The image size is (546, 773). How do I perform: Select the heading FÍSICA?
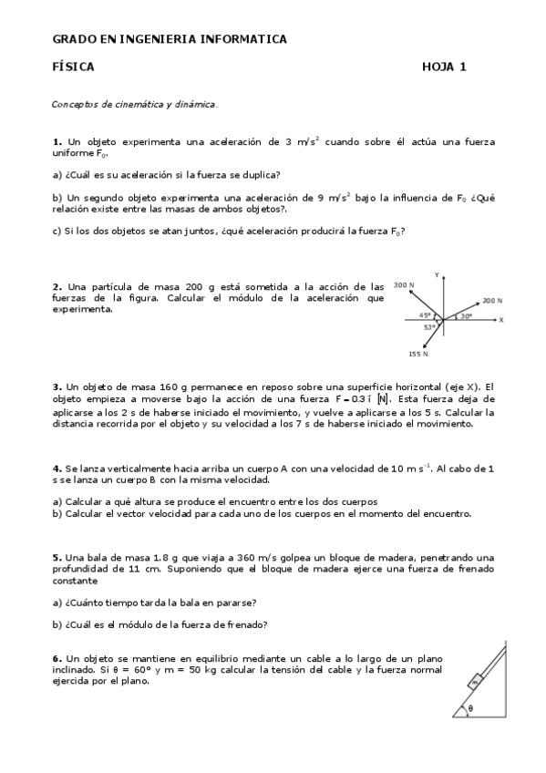[73, 67]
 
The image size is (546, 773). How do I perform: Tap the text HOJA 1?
[444, 67]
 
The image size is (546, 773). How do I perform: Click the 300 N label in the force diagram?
[404, 285]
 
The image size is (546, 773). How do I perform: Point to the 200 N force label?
[492, 300]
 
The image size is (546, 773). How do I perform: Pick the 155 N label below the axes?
[418, 353]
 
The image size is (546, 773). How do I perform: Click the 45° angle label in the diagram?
[425, 315]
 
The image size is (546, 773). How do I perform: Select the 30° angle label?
[466, 316]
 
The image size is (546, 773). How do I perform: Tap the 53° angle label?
[428, 327]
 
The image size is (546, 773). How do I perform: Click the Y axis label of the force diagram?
[438, 274]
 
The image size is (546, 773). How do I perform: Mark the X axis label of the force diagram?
[501, 320]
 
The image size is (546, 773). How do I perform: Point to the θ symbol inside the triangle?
[470, 706]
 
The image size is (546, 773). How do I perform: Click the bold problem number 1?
[57, 142]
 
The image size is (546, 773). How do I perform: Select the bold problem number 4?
[57, 469]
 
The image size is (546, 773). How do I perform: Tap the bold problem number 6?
[57, 657]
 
